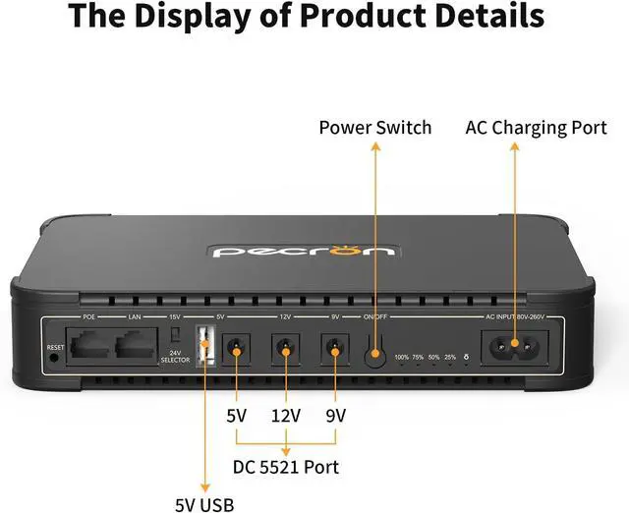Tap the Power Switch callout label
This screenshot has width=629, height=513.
pyautogui.click(x=375, y=129)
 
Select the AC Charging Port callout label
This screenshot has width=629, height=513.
pyautogui.click(x=536, y=129)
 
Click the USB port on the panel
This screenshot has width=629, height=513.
pyautogui.click(x=205, y=347)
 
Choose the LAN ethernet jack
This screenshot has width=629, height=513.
pyautogui.click(x=135, y=346)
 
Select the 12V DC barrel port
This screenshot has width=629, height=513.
pyautogui.click(x=285, y=347)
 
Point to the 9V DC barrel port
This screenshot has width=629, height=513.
pyautogui.click(x=335, y=347)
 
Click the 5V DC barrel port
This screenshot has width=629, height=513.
pyautogui.click(x=236, y=347)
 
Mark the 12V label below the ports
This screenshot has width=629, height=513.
pyautogui.click(x=285, y=416)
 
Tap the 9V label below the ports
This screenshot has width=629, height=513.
pyautogui.click(x=335, y=416)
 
